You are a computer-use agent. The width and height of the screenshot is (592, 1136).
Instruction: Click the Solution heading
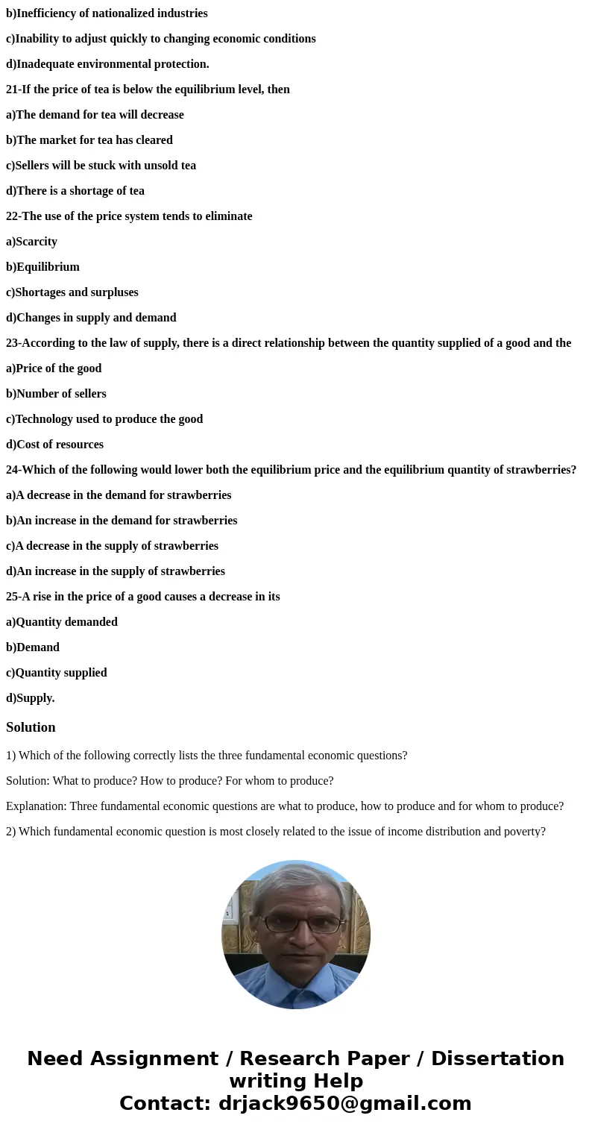click(31, 727)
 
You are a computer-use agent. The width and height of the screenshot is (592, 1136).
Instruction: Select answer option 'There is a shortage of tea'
click(75, 191)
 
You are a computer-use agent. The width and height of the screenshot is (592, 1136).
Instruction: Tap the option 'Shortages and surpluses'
click(72, 292)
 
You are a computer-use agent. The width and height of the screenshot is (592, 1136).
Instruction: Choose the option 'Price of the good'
click(54, 368)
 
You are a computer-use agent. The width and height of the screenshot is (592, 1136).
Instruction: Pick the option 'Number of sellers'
click(56, 394)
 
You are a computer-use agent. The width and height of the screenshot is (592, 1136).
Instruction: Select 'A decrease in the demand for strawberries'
click(119, 495)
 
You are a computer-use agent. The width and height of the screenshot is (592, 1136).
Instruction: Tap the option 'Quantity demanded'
click(62, 622)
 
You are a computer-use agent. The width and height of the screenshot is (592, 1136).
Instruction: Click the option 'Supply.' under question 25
click(31, 698)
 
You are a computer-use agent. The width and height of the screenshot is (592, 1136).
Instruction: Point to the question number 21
click(13, 90)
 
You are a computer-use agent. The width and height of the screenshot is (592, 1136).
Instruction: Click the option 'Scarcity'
click(31, 242)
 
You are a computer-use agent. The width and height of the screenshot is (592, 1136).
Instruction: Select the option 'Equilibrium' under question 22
click(42, 267)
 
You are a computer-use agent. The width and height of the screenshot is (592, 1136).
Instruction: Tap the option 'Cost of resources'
click(54, 445)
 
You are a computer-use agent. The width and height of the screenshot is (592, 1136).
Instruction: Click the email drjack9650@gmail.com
click(344, 1103)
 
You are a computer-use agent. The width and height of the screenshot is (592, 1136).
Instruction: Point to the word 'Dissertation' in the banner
click(497, 1058)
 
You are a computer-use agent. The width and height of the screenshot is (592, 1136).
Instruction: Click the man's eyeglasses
click(301, 923)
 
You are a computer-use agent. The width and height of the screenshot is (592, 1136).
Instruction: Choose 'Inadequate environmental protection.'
click(107, 64)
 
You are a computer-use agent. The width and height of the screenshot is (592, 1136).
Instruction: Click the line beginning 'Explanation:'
click(284, 806)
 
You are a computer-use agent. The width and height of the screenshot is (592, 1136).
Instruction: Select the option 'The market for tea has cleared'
click(89, 140)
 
